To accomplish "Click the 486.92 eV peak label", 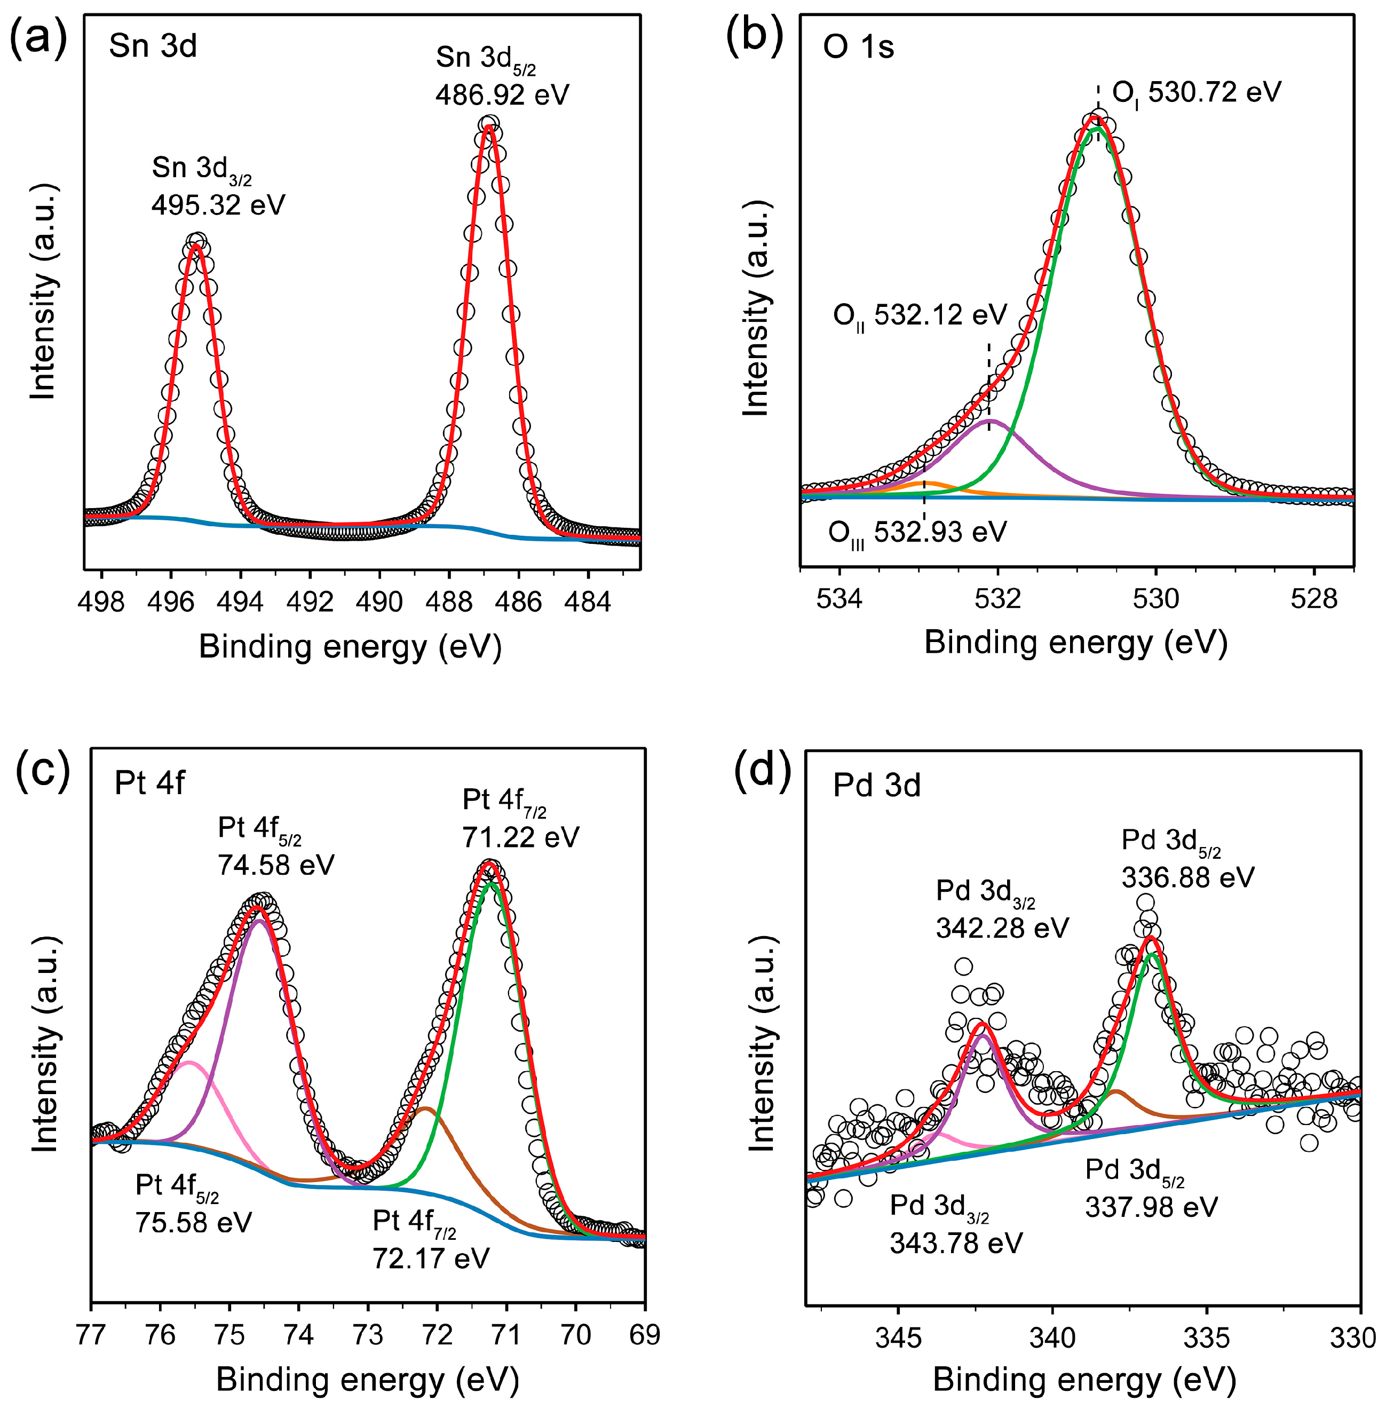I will [502, 94].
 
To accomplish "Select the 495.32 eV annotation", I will [218, 205].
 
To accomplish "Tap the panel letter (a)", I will [38, 38].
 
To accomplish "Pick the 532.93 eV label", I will [940, 533].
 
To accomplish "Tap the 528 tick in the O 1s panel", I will [1314, 599].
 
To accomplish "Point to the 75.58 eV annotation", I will [194, 1222].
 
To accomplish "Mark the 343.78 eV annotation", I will [956, 1243].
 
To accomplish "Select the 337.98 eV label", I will [1151, 1207].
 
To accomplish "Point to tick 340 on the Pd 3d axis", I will [1052, 1337].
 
